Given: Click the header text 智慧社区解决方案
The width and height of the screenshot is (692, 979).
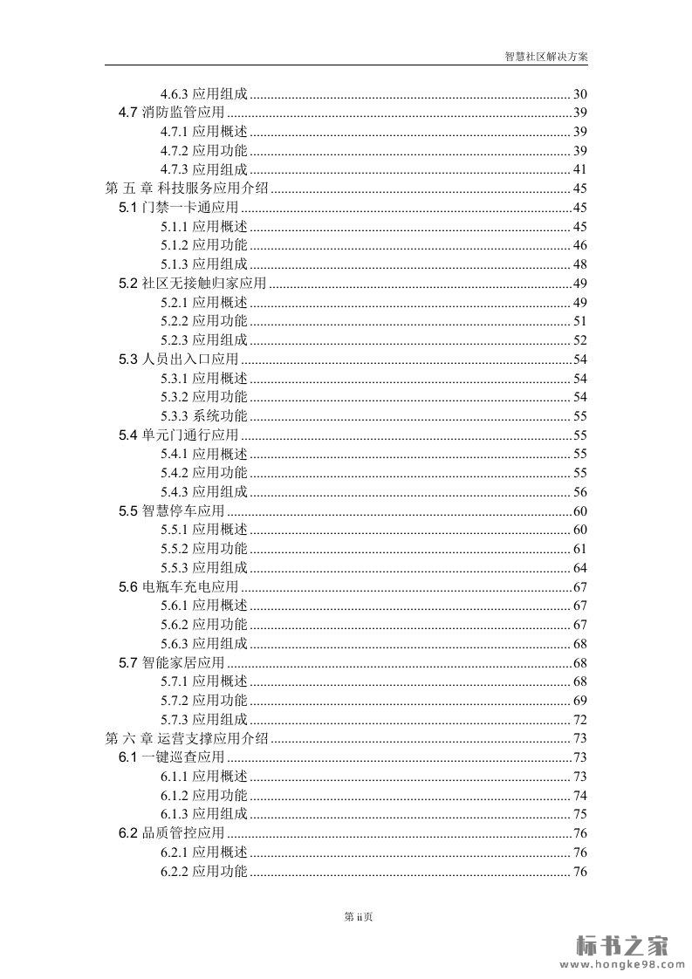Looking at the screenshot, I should tap(546, 55).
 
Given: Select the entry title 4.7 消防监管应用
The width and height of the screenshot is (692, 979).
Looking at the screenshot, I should tap(171, 113).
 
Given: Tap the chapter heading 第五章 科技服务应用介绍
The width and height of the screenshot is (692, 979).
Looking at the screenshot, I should tap(187, 188).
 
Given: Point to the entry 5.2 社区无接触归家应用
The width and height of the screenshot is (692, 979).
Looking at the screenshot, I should tap(192, 284).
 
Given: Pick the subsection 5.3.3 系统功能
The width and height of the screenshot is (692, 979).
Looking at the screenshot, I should tap(204, 416).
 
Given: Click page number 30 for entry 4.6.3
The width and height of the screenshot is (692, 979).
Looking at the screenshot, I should tap(579, 94).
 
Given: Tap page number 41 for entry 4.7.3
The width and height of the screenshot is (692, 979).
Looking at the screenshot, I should tap(579, 169).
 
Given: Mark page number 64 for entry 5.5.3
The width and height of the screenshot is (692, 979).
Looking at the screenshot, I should tap(579, 568).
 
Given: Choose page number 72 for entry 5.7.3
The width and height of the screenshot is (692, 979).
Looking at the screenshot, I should tap(579, 720).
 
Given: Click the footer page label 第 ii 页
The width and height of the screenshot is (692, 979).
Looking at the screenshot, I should tap(359, 916).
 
